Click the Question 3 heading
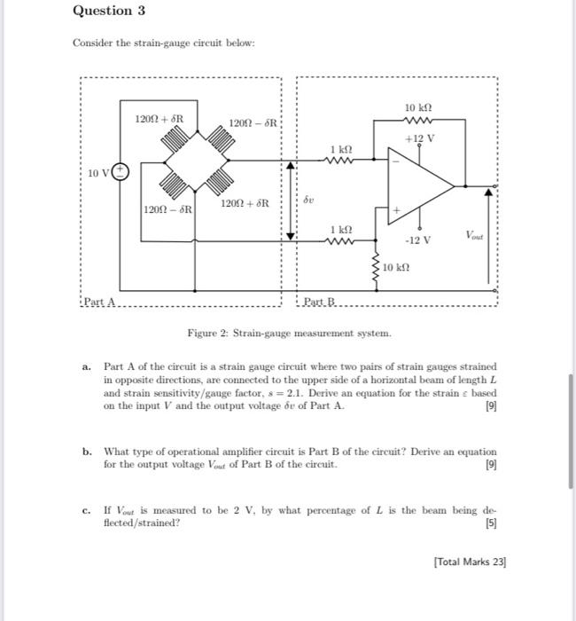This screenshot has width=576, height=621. pos(108,12)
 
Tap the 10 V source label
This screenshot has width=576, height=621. pos(99,173)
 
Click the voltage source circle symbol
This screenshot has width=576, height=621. pos(124,173)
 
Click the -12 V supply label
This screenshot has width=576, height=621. pos(417,240)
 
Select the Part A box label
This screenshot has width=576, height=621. pos(99,304)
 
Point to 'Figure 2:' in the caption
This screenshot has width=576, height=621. pos(206,333)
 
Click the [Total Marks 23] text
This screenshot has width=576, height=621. pos(470,561)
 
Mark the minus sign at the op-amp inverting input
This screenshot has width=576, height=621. pos(395,162)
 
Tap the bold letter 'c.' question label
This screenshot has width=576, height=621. pos(86,510)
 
